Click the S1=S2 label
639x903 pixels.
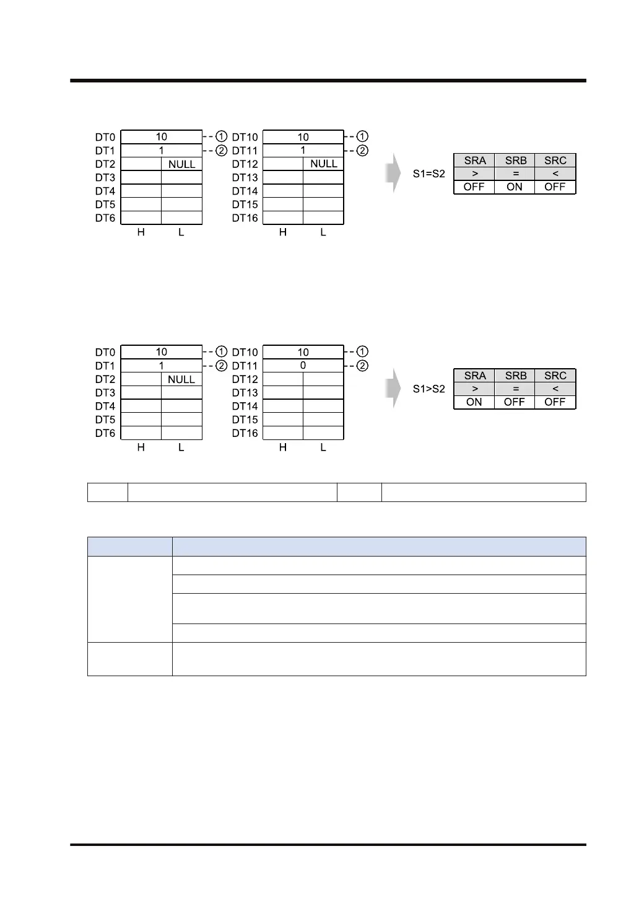tap(428, 174)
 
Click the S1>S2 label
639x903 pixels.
tap(428, 389)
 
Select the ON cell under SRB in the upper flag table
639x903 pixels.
tap(515, 187)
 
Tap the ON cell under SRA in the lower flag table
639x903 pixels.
tap(474, 402)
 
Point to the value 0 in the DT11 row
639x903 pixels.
tap(303, 366)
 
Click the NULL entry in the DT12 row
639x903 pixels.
tap(324, 164)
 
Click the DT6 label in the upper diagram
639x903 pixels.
tap(105, 218)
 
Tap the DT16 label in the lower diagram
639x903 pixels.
tap(245, 433)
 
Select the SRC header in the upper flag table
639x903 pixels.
tap(555, 161)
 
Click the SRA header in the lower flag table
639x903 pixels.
tap(475, 376)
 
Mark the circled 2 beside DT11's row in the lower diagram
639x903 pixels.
tap(363, 366)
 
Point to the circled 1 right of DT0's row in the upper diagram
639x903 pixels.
tap(221, 136)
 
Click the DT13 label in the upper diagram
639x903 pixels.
tap(245, 178)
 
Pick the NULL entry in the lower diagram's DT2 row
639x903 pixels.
tap(181, 379)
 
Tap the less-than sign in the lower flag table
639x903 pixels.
tap(555, 389)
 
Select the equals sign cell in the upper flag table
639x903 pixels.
tap(515, 174)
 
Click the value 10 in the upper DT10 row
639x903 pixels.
tap(303, 137)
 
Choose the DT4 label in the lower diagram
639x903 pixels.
tap(105, 407)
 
